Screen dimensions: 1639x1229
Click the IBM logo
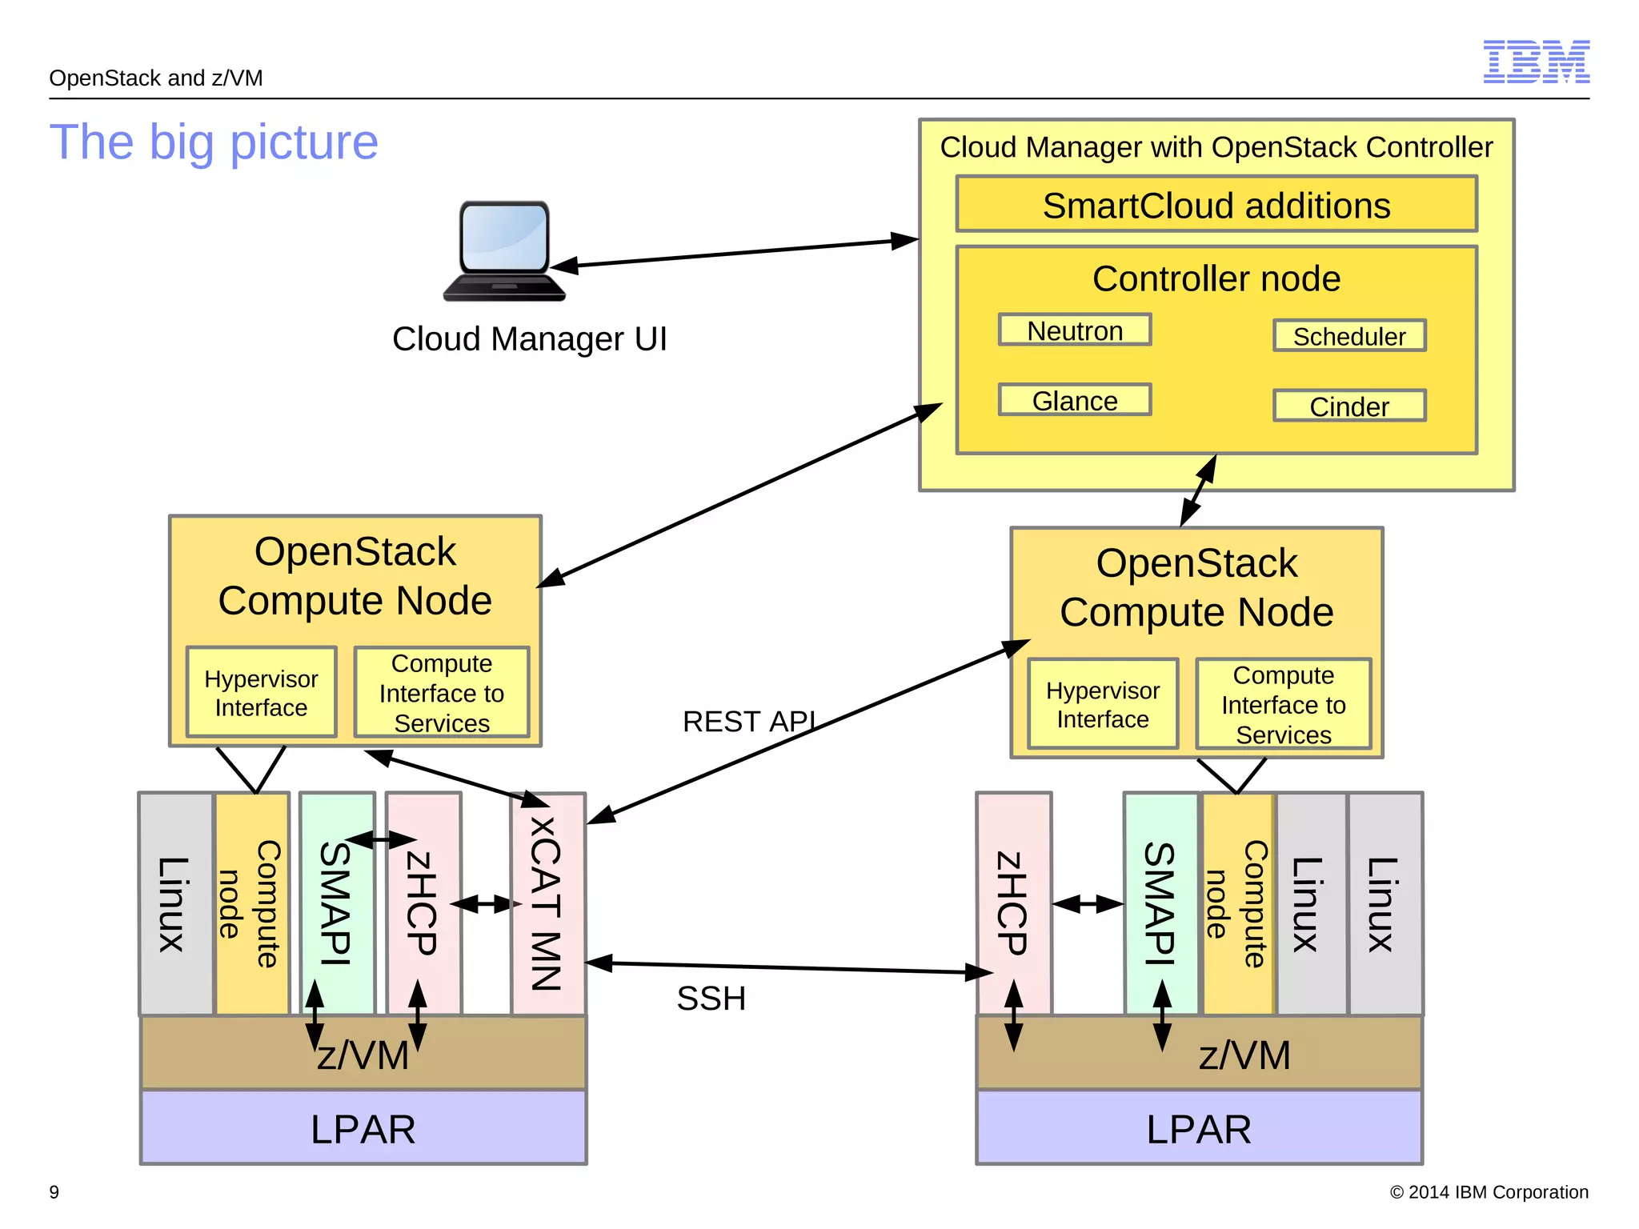[x=1536, y=62]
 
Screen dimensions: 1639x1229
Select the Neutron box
[x=1074, y=330]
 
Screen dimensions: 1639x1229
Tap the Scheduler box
[x=1349, y=336]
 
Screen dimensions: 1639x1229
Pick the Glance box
[x=1074, y=400]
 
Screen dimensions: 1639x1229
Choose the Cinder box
[x=1349, y=406]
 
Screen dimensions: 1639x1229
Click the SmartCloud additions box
[x=1216, y=205]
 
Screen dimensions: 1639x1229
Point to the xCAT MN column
[x=548, y=904]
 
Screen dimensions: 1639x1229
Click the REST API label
[x=749, y=722]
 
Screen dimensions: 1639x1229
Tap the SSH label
[x=711, y=999]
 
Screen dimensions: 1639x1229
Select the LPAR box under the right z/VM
[x=1198, y=1128]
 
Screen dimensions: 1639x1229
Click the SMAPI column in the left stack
[x=337, y=904]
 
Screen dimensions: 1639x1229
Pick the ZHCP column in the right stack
[x=1013, y=904]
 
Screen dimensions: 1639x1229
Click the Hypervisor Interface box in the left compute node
[x=261, y=693]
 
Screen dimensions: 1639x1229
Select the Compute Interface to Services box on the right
[x=1283, y=705]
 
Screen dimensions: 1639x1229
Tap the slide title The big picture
[x=214, y=142]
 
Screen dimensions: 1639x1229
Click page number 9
[x=54, y=1192]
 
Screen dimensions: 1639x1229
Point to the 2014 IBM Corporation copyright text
[x=1489, y=1192]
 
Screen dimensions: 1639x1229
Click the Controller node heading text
[x=1216, y=278]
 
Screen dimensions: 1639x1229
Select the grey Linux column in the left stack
[x=175, y=904]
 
